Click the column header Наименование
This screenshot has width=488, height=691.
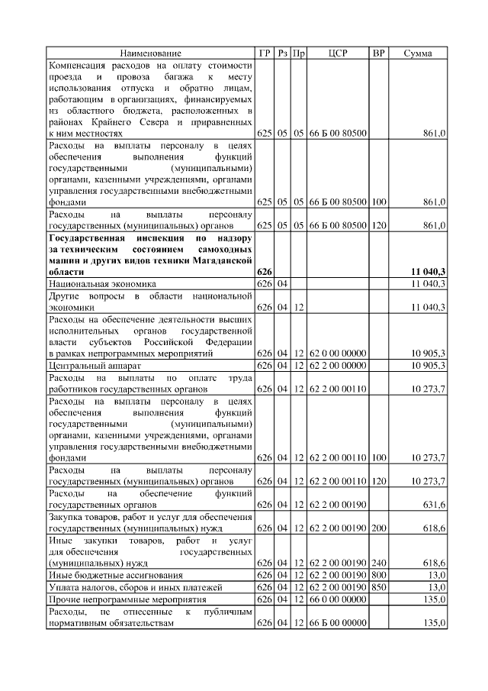[150, 53]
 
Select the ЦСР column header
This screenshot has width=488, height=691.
[338, 53]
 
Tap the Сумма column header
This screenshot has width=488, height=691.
[417, 53]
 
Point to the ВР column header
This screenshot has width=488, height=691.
[378, 53]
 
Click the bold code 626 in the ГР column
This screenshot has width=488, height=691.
[265, 272]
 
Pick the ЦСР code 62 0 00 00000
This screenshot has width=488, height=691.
[338, 354]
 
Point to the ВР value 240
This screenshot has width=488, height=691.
[378, 563]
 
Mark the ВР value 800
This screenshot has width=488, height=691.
[378, 575]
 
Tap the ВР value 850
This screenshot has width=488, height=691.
[378, 587]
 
